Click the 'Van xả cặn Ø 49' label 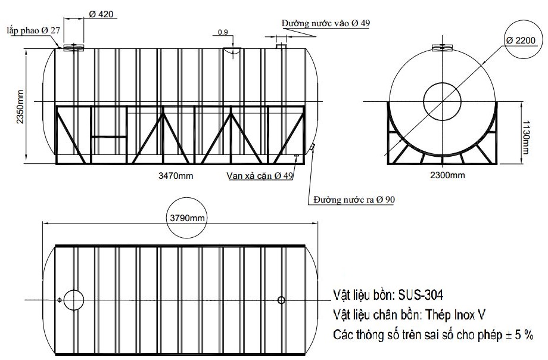click(260, 176)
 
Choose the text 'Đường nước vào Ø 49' click(326, 23)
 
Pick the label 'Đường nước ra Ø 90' click(354, 200)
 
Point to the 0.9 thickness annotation click(223, 32)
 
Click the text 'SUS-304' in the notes click(422, 295)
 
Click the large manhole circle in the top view click(74, 300)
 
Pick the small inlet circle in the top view click(282, 300)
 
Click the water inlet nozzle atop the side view click(282, 45)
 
